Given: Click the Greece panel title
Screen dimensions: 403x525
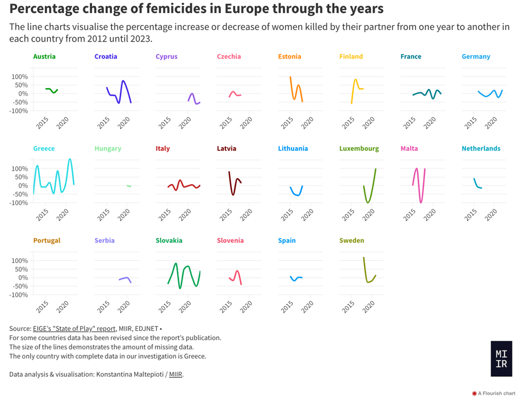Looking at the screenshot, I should pos(44,148).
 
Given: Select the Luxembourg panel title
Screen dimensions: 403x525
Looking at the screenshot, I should pos(359,148).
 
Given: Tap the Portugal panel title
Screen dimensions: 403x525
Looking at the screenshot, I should pos(46,240).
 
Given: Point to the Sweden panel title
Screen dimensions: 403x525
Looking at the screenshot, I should pos(352,240).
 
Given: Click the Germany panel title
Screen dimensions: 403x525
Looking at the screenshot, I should pos(476,56).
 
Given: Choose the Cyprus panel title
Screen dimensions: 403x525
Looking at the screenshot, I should pos(166,56).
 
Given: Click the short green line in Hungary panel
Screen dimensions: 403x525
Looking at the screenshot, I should pos(129,186).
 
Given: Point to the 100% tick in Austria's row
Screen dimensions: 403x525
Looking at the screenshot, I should pos(19,77).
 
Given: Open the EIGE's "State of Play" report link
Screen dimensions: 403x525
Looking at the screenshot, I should pos(78,329).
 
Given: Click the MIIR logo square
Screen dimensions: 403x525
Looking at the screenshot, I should pos(501,359).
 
